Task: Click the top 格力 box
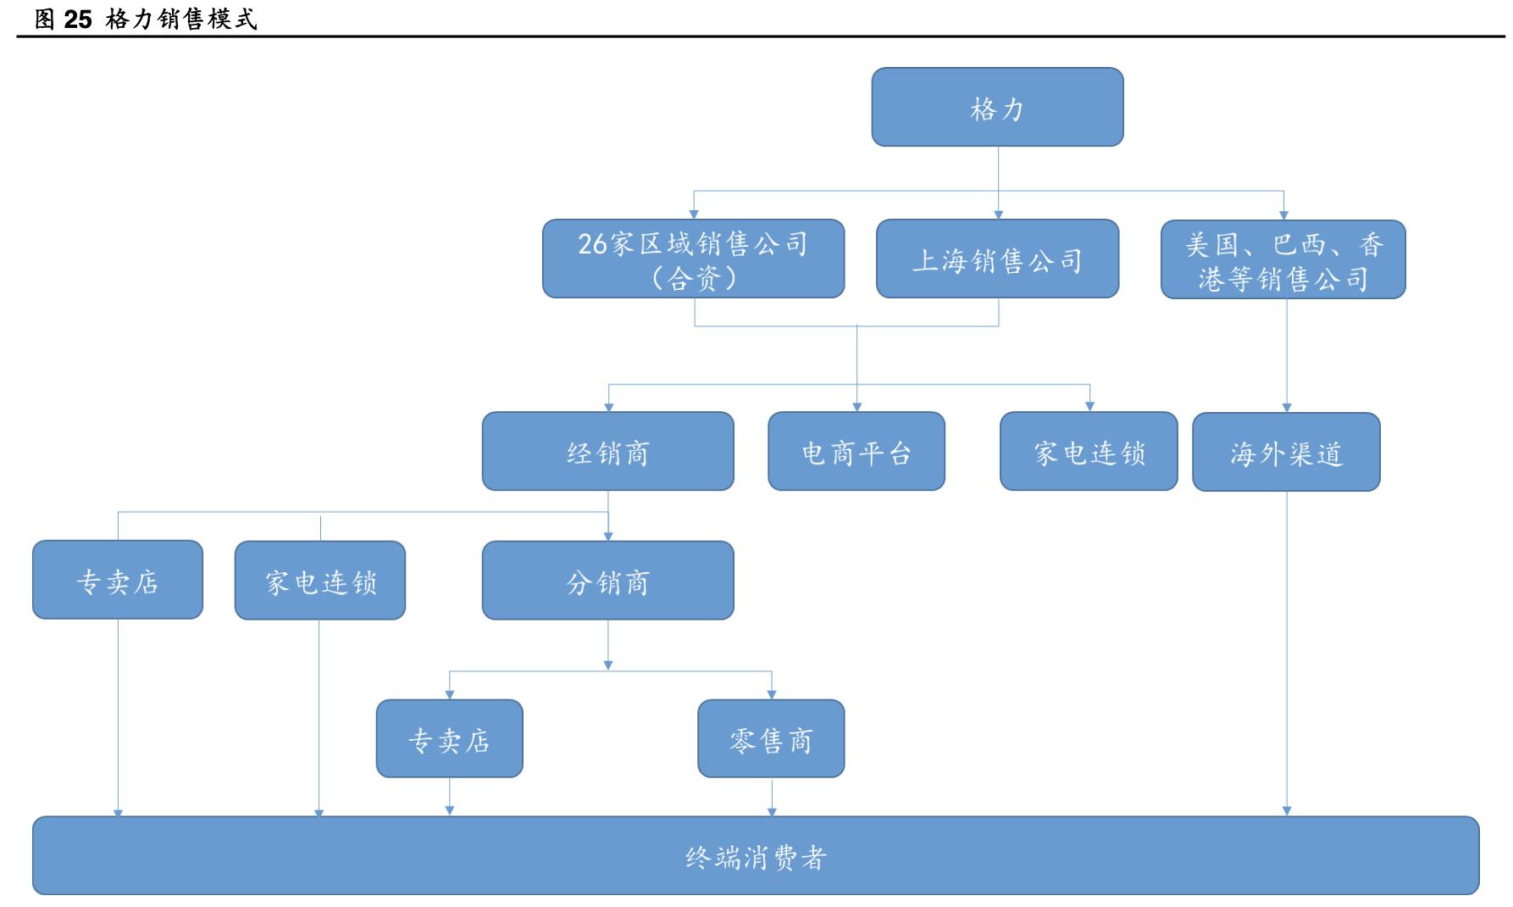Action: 997,108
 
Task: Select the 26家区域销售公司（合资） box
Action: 693,259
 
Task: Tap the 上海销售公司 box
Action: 997,259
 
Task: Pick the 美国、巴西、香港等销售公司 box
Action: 1283,260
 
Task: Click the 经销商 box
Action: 607,452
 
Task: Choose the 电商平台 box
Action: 856,452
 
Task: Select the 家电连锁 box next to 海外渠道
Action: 1089,452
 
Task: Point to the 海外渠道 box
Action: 1286,453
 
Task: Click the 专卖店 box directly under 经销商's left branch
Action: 118,581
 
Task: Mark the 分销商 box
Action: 607,581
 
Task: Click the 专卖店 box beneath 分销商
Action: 449,739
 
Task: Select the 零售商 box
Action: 771,739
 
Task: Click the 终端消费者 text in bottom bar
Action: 756,858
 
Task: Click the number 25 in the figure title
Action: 77,19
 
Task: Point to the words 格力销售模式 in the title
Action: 181,19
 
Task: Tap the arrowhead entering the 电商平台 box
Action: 856,408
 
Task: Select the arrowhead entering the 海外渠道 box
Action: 1287,409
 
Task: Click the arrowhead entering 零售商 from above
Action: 772,695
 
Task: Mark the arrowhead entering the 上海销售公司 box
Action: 998,215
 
